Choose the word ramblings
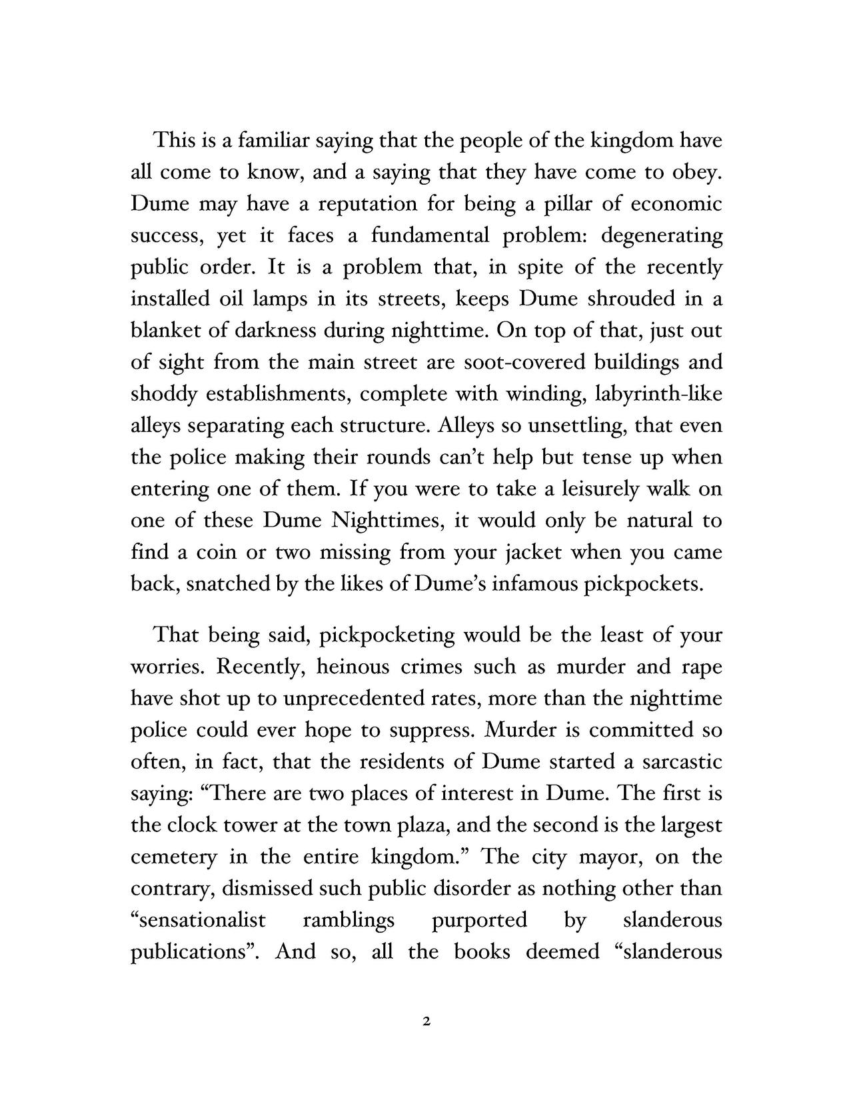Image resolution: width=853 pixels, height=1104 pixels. click(349, 920)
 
